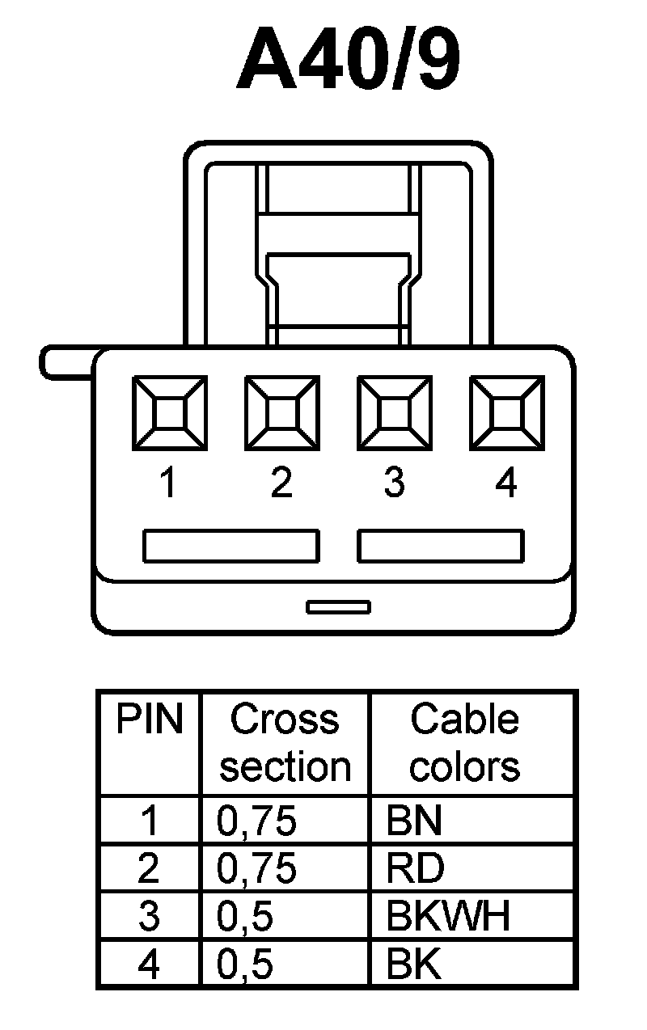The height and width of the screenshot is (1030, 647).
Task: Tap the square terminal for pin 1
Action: [168, 413]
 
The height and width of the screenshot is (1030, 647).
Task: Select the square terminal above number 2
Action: [281, 413]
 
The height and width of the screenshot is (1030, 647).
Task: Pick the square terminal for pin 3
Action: [394, 413]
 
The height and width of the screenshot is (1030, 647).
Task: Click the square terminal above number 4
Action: [506, 413]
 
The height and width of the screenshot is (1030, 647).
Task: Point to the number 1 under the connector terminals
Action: [167, 483]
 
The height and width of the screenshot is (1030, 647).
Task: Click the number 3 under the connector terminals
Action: [394, 483]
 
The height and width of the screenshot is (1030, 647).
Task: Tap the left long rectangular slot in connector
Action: [230, 546]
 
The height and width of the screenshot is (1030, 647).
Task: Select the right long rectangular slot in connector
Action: [441, 546]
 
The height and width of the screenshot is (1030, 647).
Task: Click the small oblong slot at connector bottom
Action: [338, 606]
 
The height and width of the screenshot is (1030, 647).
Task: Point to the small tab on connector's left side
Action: [66, 362]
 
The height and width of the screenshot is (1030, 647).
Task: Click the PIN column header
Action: [150, 720]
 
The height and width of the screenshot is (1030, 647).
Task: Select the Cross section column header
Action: [285, 743]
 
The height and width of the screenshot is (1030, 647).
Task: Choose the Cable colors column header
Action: [464, 743]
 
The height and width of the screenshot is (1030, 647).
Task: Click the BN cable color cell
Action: [414, 821]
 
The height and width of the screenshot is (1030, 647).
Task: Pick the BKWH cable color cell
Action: [448, 917]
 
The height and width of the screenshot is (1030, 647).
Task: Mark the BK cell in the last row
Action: [414, 965]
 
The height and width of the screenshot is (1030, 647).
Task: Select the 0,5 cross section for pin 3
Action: [245, 917]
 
